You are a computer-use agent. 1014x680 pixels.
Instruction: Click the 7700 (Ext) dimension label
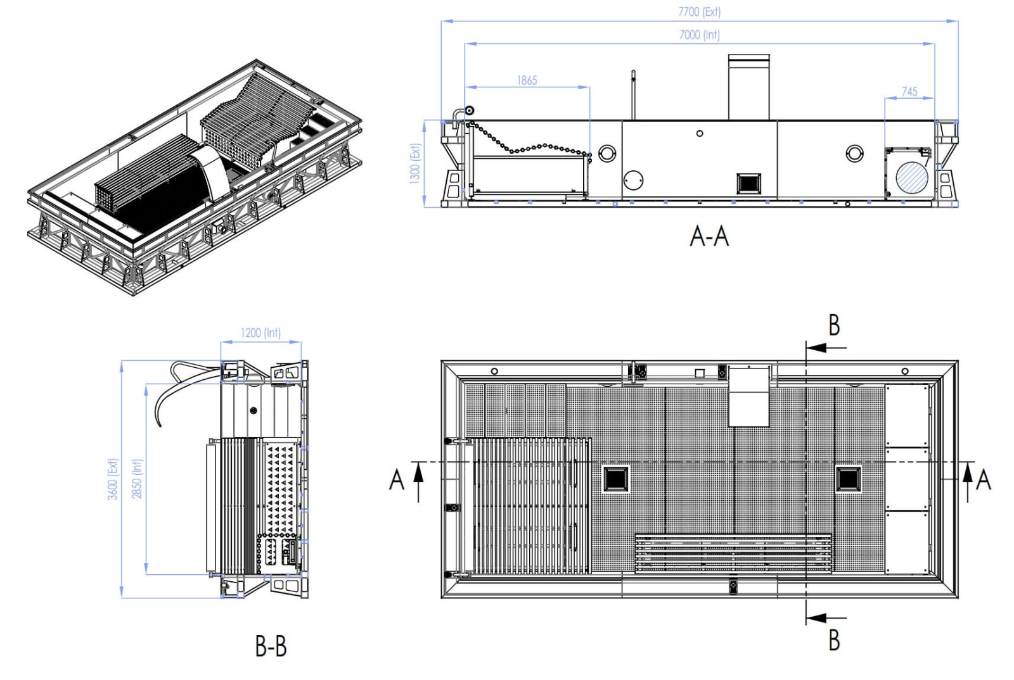[699, 12]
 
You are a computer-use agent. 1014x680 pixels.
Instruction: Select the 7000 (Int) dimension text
[699, 35]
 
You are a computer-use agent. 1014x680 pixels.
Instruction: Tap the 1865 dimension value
[527, 80]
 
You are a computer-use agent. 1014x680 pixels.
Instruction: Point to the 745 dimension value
[909, 91]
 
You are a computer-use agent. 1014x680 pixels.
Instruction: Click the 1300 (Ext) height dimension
[415, 163]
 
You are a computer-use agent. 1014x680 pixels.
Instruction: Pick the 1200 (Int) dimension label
[260, 332]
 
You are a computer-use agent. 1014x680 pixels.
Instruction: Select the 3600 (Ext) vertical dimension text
[113, 479]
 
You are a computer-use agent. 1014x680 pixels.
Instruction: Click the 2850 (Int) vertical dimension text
[137, 479]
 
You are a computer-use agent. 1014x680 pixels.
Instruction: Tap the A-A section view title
[709, 236]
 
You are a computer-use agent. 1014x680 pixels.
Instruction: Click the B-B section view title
[271, 646]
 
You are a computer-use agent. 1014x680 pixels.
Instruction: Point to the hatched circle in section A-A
[911, 177]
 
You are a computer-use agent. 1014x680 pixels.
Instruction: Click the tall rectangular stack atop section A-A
[748, 87]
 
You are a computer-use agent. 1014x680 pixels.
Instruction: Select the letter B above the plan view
[834, 325]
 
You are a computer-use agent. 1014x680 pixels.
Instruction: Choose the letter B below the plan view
[834, 639]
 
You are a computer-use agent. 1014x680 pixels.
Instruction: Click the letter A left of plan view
[397, 479]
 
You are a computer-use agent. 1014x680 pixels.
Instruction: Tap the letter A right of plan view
[983, 479]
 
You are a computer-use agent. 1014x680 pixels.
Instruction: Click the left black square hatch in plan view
[615, 479]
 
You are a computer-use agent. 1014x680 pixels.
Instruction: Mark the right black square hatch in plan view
[848, 479]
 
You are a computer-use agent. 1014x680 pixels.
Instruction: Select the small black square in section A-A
[748, 183]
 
